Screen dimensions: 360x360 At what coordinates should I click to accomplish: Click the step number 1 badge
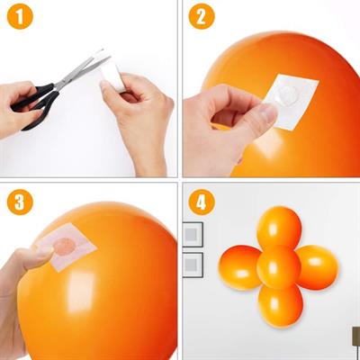click(x=20, y=17)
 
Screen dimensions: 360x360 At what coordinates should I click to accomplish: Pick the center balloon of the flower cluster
click(x=278, y=267)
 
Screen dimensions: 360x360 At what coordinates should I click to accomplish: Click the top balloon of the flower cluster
click(x=278, y=227)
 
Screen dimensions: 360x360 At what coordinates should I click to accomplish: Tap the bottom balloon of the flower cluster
click(x=280, y=306)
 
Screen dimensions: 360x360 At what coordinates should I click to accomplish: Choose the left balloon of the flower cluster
click(x=239, y=267)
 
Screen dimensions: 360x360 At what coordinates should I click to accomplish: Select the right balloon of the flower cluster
click(x=317, y=266)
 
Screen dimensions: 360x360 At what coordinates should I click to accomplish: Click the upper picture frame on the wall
click(x=193, y=234)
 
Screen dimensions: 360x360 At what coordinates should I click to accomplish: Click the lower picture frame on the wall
click(x=193, y=265)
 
